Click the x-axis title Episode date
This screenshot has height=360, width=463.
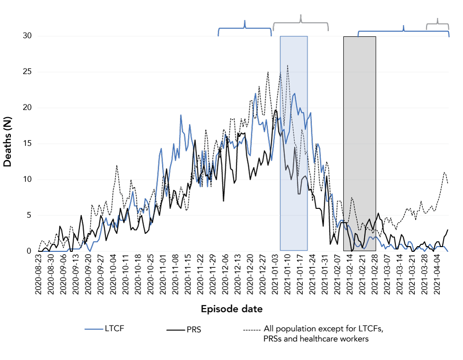tap(231, 309)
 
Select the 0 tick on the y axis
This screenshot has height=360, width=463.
tap(29, 251)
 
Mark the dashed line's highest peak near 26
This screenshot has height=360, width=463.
tap(288, 65)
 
